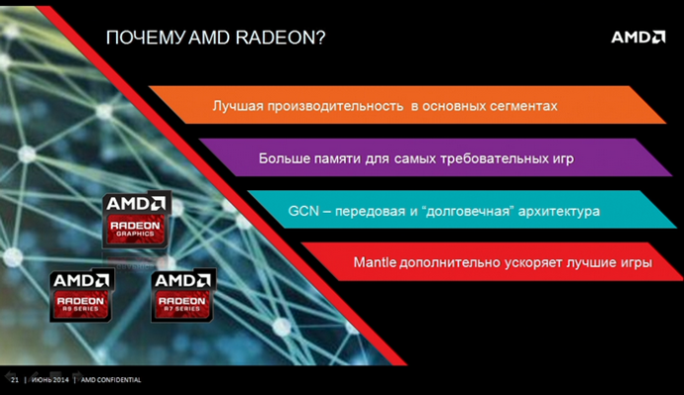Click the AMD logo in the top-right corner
[636, 38]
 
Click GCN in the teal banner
[303, 212]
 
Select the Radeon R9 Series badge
[82, 294]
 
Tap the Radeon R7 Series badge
[183, 294]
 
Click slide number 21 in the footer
[14, 380]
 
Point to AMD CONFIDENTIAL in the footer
[110, 380]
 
